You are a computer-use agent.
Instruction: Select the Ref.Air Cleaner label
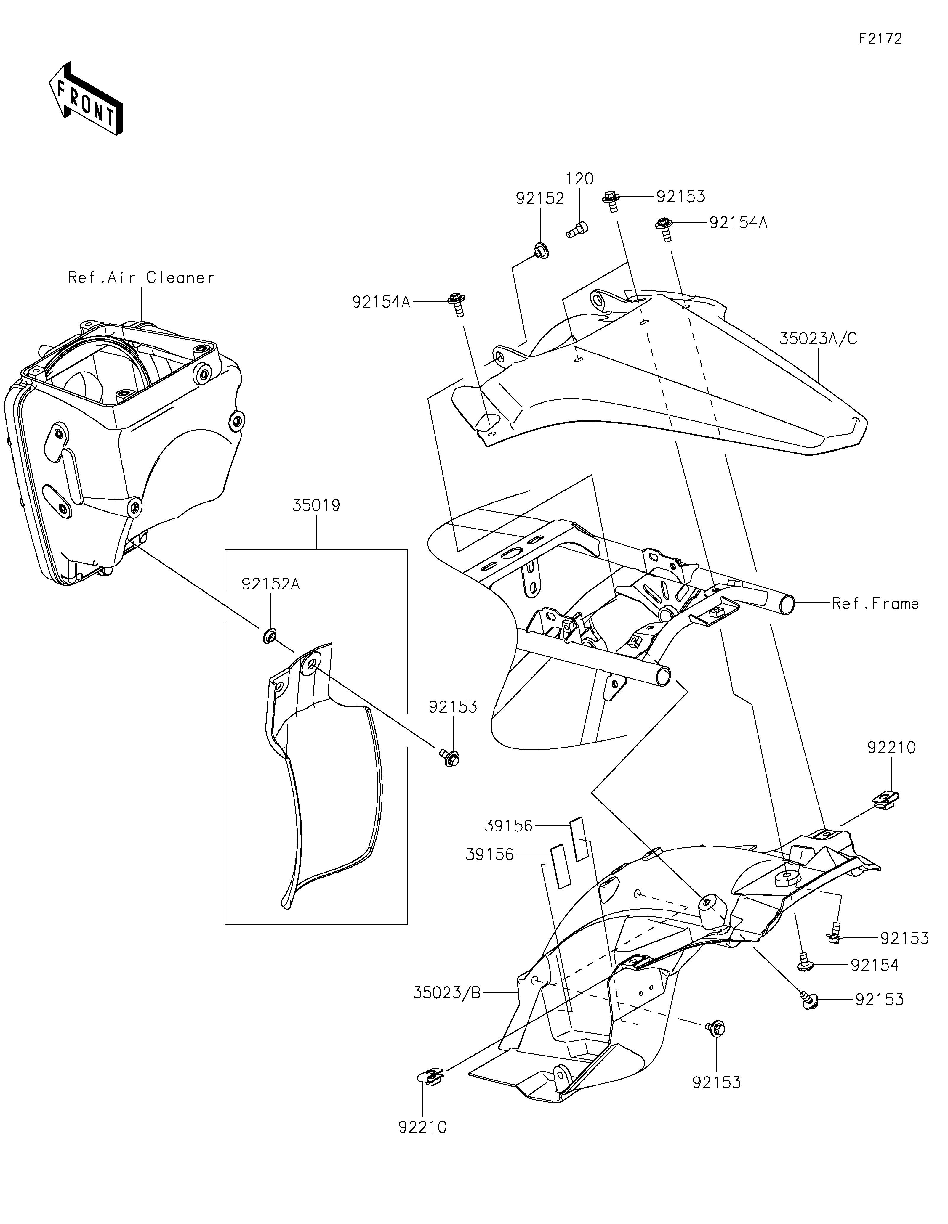[x=141, y=277]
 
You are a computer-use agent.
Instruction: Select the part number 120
[x=580, y=179]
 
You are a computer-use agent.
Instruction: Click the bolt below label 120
[x=576, y=229]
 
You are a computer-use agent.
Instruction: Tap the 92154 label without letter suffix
[x=875, y=965]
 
